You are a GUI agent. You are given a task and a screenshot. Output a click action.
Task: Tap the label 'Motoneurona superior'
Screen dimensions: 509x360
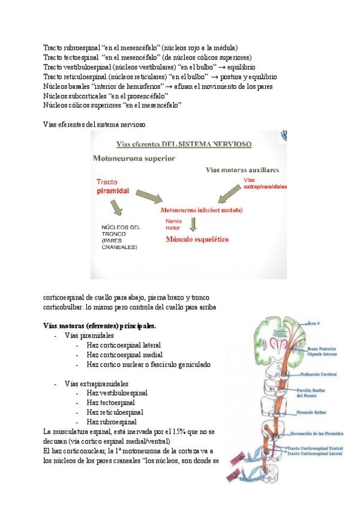133,158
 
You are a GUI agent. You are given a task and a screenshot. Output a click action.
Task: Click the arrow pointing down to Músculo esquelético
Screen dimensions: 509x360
193,224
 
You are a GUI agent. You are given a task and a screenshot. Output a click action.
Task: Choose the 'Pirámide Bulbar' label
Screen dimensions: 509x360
313,413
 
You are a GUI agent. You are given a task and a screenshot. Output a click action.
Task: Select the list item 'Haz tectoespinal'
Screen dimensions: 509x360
110,402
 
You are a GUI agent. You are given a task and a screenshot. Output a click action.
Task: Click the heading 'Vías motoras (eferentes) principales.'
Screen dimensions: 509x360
100,326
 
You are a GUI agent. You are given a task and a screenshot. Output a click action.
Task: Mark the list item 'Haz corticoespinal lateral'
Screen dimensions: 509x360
123,345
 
